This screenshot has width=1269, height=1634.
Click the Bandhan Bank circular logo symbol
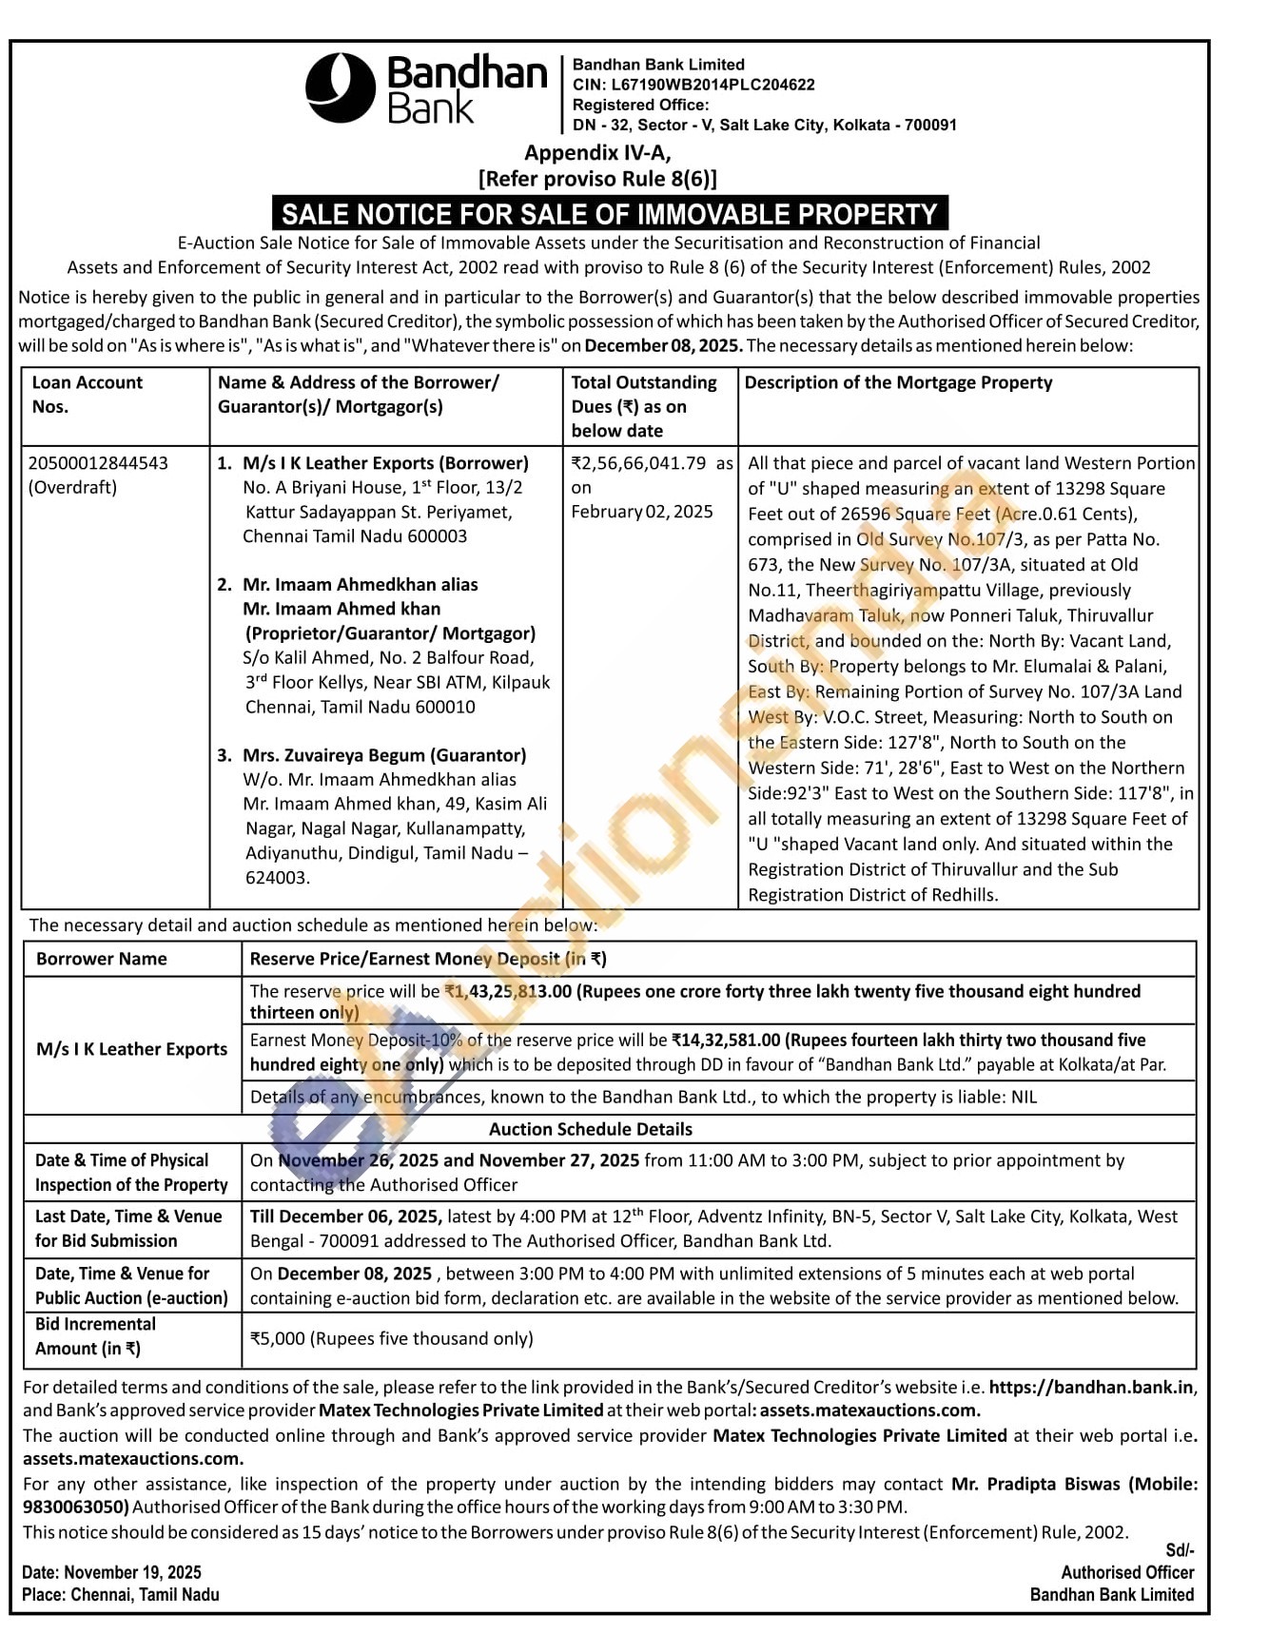[340, 88]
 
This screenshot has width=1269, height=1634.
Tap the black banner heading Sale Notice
[610, 213]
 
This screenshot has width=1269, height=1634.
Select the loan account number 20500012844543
[98, 463]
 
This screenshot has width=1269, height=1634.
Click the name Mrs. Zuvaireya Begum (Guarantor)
[384, 755]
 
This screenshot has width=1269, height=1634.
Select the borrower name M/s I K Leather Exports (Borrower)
[385, 463]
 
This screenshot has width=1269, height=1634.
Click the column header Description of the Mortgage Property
[898, 382]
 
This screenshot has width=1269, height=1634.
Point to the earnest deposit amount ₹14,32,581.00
[726, 1040]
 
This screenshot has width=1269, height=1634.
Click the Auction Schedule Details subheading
[591, 1129]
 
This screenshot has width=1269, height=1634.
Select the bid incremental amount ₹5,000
[278, 1338]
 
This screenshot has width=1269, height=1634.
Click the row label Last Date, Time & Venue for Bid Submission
[128, 1228]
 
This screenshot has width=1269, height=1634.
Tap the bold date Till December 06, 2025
[346, 1216]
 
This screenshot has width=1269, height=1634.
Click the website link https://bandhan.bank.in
[1092, 1387]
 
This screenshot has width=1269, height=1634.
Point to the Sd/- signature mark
[1180, 1550]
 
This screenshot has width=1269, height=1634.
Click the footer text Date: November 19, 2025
[112, 1572]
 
